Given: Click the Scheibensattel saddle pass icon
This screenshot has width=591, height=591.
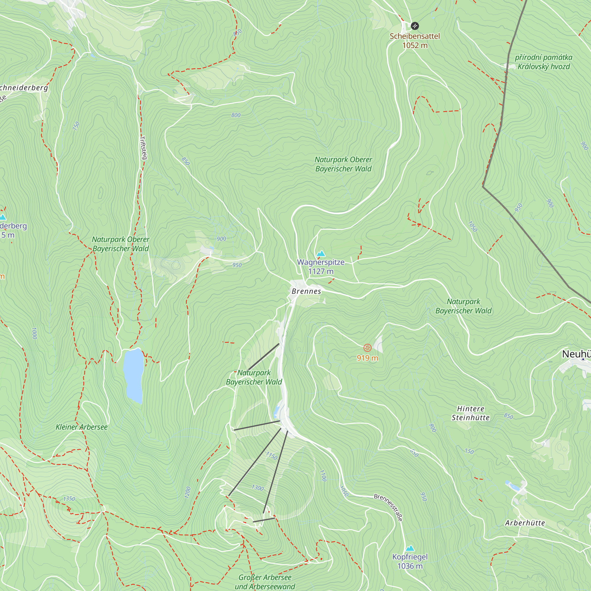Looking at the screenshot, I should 415,26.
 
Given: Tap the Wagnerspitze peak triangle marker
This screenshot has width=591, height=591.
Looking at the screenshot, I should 321,254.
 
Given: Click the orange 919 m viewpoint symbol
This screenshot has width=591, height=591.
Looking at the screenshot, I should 367,348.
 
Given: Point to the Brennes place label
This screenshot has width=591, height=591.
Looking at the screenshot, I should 306,291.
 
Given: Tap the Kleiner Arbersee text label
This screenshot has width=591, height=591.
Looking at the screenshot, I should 81,427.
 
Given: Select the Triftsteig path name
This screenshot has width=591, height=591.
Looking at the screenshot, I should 143,147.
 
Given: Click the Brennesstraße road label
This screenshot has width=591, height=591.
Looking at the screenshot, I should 388,507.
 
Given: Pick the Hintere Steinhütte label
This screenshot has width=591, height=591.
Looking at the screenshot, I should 470,413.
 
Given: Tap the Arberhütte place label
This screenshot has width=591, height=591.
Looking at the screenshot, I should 525,523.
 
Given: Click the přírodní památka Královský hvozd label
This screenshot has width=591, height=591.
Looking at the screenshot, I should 543,62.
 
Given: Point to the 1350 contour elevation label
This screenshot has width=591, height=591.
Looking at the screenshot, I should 69,499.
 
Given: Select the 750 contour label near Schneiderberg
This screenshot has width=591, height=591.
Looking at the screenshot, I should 76,126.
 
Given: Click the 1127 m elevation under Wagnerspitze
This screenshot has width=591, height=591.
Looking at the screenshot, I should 321,271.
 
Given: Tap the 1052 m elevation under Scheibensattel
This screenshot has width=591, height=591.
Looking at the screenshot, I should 415,46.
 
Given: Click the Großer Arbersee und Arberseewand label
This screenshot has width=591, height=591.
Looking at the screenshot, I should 264,582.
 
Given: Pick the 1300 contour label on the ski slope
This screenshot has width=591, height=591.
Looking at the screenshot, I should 258,488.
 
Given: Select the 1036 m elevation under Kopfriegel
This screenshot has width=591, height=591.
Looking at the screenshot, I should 410,566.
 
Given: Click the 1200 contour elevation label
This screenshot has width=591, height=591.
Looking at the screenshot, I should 188,492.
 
